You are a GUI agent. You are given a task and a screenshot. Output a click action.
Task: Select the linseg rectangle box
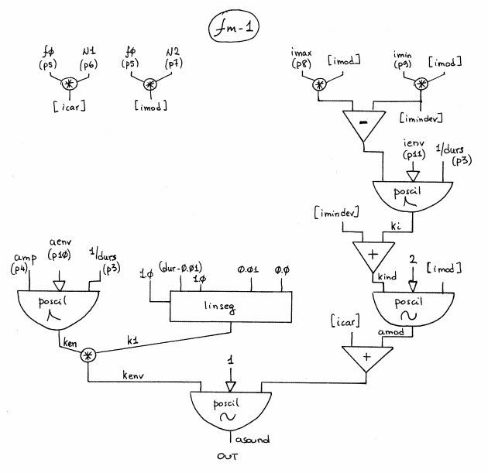[x=229, y=307]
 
